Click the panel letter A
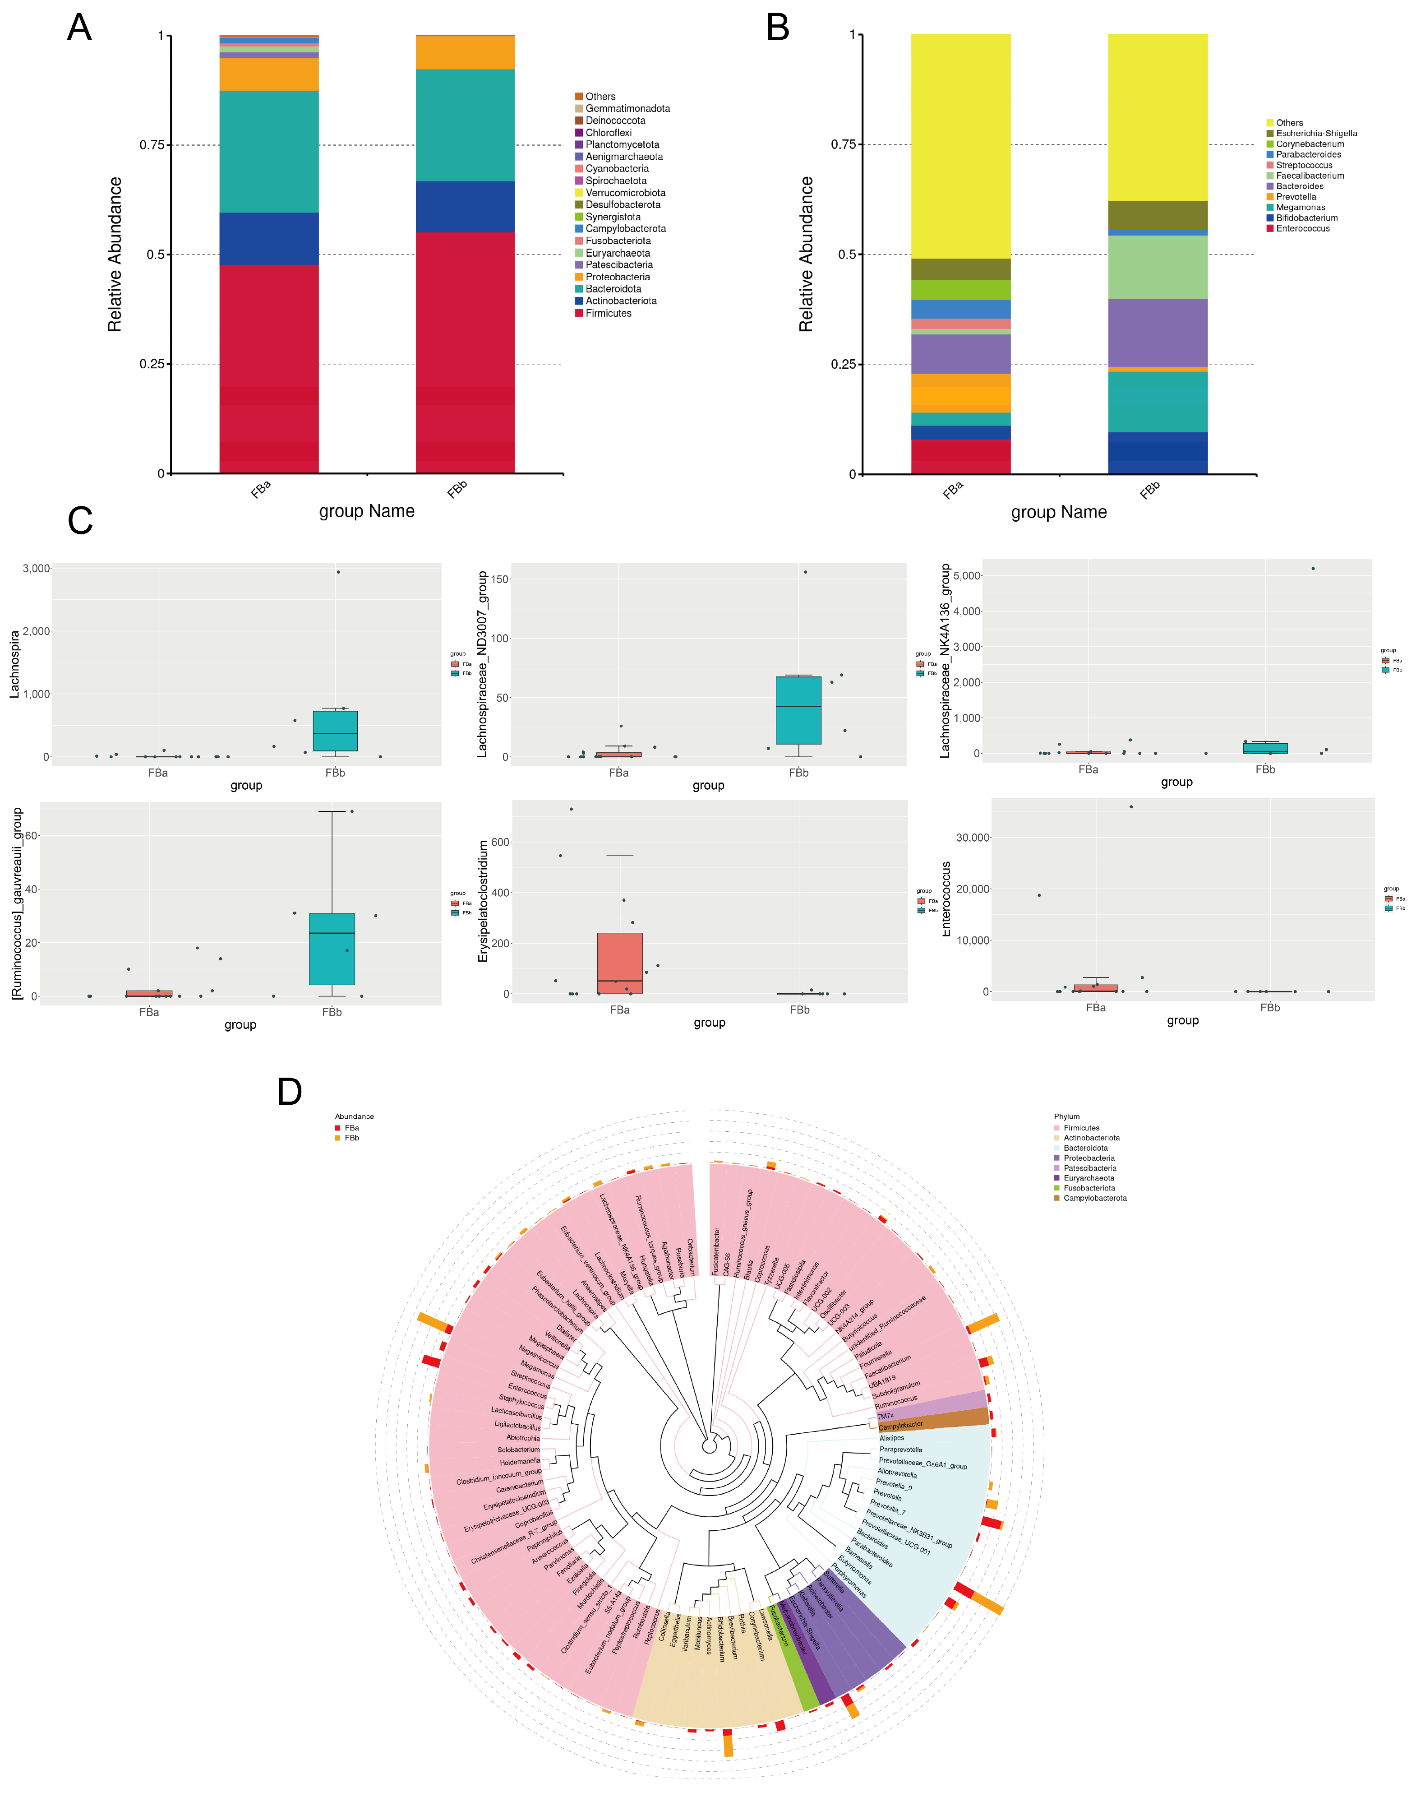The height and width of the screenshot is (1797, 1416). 79,28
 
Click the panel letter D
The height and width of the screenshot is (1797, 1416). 289,1092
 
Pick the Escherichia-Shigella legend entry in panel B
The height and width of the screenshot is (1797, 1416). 1316,134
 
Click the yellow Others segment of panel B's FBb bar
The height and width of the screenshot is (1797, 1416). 1158,116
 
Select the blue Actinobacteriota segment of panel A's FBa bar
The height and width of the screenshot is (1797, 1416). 268,239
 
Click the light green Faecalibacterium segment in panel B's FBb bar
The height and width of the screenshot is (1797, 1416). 1158,267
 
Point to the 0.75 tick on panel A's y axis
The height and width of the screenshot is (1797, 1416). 152,145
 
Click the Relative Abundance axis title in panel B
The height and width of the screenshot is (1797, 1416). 806,255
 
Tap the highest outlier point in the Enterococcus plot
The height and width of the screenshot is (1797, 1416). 1131,807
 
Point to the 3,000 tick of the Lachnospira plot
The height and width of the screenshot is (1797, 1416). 37,569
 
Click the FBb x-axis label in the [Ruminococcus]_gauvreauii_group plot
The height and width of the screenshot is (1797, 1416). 332,1013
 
